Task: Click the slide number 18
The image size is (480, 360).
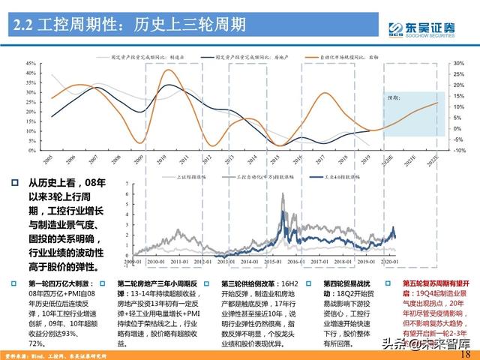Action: coord(464,353)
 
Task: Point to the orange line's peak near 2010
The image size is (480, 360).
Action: coord(170,72)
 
